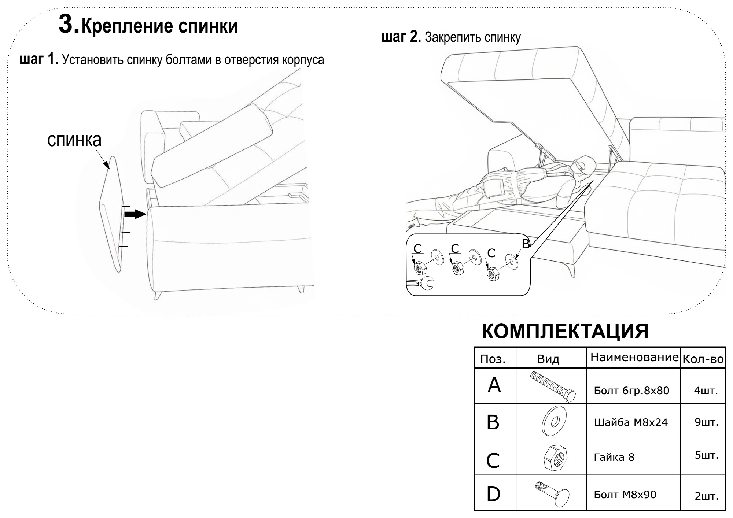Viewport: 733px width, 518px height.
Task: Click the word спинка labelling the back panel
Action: [x=74, y=140]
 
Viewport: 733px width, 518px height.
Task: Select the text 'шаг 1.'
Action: [x=38, y=59]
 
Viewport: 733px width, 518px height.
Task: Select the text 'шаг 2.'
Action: [x=401, y=37]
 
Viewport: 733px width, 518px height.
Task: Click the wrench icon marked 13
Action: [x=421, y=283]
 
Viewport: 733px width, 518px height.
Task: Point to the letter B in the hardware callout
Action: [x=526, y=244]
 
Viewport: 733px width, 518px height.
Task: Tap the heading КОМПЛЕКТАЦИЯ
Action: [x=565, y=331]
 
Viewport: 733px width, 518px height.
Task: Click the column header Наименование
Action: [x=633, y=357]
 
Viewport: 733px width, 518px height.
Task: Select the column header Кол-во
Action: [x=702, y=359]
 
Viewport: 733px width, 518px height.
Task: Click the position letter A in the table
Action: [x=494, y=385]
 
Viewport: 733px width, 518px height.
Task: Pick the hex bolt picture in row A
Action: [x=553, y=386]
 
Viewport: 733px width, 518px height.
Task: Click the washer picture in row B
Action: [x=554, y=421]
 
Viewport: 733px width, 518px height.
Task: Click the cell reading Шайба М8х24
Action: [x=631, y=423]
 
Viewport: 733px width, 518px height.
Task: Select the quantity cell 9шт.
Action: [x=706, y=422]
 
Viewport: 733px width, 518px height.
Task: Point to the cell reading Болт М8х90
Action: [x=625, y=495]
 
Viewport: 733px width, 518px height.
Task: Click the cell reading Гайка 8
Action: [x=614, y=457]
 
